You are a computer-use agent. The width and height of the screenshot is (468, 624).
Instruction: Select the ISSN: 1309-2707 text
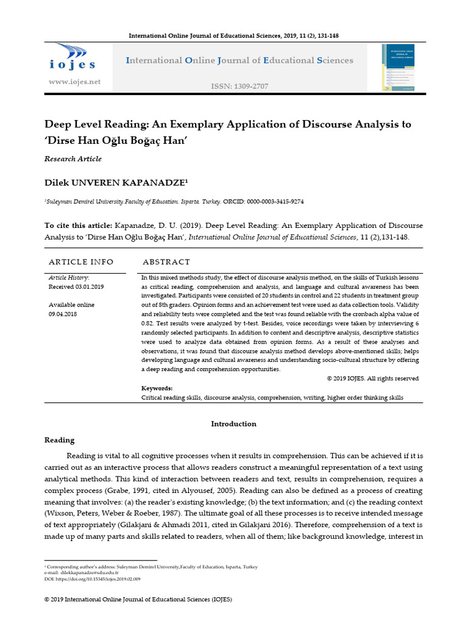[239, 86]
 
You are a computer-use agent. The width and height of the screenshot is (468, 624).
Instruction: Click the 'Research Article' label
[73, 158]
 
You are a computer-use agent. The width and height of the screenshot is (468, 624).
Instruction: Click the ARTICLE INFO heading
[81, 261]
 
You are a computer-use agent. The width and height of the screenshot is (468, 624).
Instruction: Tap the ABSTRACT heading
[166, 261]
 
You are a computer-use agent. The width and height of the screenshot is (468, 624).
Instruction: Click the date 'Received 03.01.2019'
[76, 286]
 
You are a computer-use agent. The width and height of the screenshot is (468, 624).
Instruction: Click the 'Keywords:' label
[157, 388]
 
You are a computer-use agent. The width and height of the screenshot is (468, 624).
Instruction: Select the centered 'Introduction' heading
[233, 424]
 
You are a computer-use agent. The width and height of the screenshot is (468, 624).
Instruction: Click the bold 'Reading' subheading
[60, 439]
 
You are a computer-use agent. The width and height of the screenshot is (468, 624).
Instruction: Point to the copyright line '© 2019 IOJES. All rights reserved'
[372, 378]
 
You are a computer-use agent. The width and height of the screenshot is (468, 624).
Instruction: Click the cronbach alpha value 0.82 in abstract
[149, 322]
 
